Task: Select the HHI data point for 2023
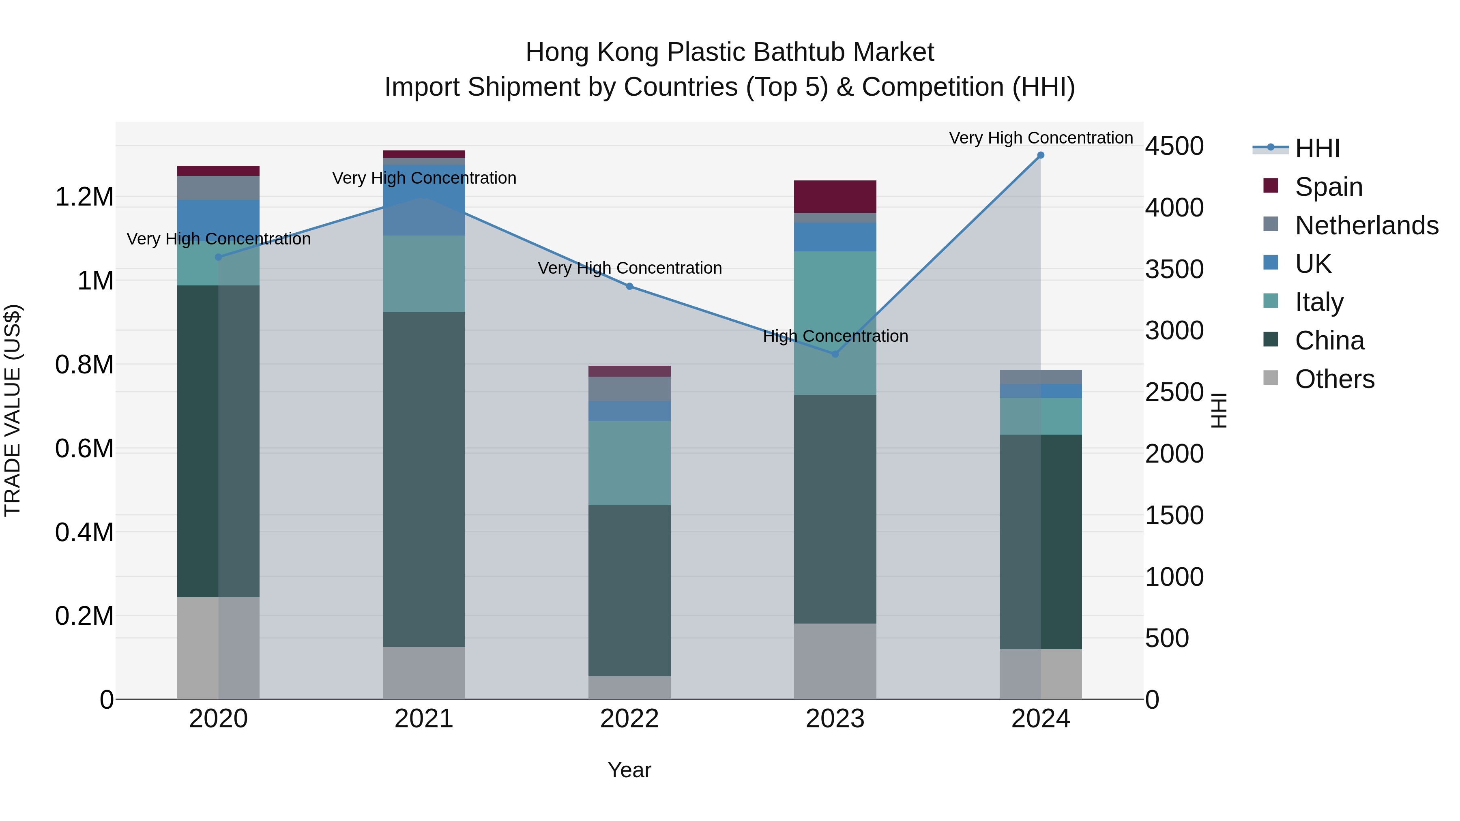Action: [835, 354]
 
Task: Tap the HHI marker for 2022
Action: [629, 287]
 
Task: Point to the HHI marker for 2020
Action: [219, 257]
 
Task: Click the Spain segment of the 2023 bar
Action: [835, 197]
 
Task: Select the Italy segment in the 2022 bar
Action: [629, 463]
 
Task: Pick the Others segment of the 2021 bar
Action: [424, 673]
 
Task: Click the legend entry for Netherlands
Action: [1366, 225]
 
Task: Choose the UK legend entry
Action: [1313, 264]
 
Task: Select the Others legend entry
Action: [1334, 379]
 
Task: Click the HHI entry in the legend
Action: [1316, 148]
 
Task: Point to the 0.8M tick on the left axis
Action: [84, 365]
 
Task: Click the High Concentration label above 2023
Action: [835, 336]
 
